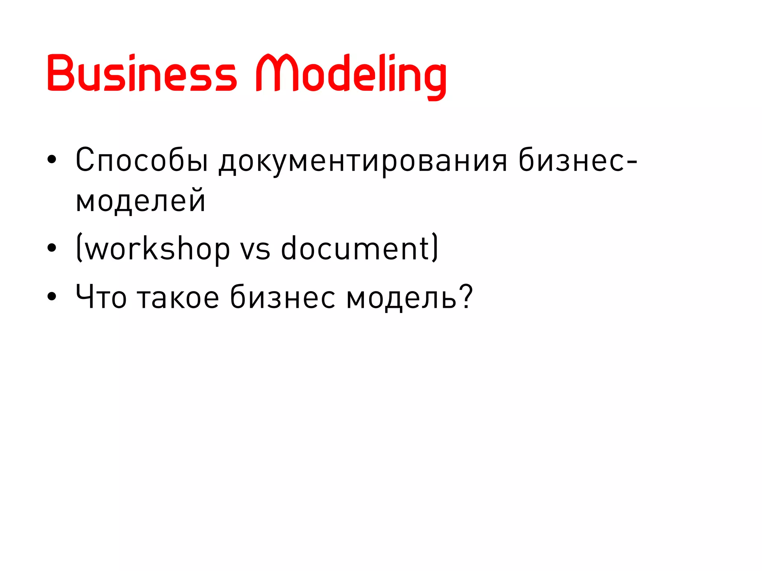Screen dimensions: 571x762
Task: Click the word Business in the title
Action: [141, 73]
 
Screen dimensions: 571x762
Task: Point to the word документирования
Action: [363, 162]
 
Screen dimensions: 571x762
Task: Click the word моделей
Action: [141, 201]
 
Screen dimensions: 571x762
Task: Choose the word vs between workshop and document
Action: [255, 250]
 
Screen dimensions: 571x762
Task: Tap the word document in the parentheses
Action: [355, 248]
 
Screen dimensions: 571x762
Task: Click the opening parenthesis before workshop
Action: [79, 248]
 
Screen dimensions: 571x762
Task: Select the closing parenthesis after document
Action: [435, 248]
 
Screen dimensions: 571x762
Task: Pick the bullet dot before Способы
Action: [52, 160]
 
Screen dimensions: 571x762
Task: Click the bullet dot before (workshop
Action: [52, 248]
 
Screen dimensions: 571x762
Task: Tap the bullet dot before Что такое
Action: [52, 296]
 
